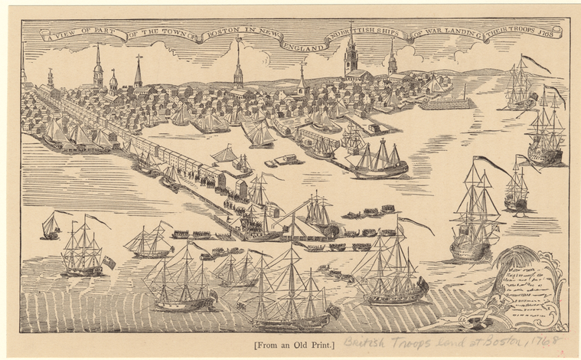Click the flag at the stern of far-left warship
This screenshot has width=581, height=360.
(x=109, y=262)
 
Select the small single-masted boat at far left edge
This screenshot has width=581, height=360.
(x=51, y=224)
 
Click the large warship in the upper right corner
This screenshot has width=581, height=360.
(x=546, y=134)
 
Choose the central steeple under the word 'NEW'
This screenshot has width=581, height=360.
(x=238, y=65)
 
